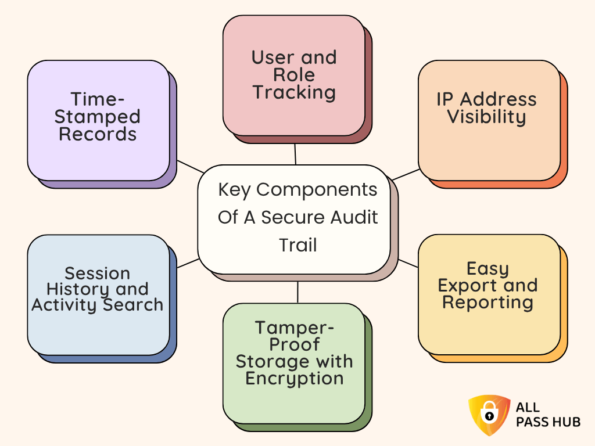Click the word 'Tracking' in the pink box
294,92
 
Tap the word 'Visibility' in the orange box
486,117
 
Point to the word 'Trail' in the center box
297,244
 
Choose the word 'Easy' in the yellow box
488,268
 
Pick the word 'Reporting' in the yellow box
488,303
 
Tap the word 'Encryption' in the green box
294,379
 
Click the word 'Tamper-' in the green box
294,328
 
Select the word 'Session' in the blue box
97,273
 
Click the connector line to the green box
297,292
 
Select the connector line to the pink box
295,154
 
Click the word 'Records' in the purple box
98,134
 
